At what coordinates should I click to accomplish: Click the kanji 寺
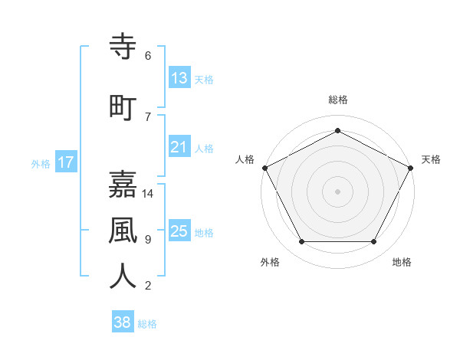(123, 48)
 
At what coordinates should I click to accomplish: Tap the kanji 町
(123, 107)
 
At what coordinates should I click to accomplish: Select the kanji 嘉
(123, 185)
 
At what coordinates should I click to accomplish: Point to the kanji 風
(123, 230)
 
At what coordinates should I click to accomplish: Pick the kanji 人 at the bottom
(123, 276)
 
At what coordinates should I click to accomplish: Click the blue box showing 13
(179, 79)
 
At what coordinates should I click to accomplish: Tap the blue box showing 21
(179, 147)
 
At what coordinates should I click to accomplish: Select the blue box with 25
(179, 231)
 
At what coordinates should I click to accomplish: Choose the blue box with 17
(65, 162)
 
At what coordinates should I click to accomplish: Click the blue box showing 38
(122, 322)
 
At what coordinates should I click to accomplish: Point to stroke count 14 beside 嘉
(148, 194)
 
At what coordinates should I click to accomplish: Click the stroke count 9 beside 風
(147, 240)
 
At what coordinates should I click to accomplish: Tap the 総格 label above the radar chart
(337, 100)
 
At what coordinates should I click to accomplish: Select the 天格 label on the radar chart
(431, 159)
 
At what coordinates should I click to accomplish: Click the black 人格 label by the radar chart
(245, 159)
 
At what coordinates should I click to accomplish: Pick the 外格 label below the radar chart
(270, 262)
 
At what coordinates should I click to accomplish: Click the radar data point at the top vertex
(337, 130)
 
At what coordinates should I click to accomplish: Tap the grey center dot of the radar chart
(337, 191)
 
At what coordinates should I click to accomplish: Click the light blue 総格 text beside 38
(147, 324)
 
